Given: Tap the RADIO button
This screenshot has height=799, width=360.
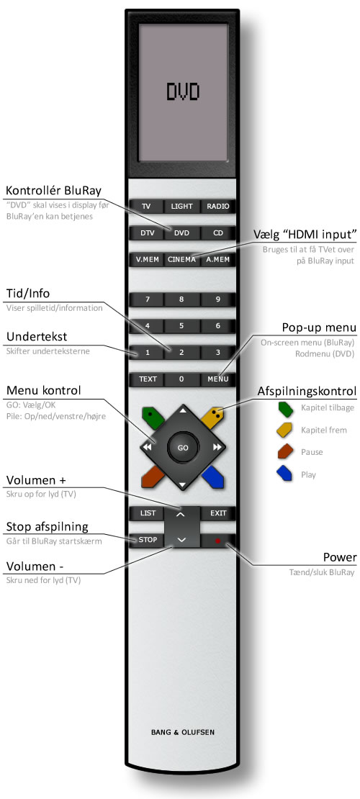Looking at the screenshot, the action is pos(217,207).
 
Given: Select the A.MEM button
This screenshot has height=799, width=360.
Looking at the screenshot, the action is pos(217,259).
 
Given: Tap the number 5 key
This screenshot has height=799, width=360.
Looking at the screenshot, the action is pos(181,325).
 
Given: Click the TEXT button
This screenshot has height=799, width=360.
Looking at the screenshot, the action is pos(148,379).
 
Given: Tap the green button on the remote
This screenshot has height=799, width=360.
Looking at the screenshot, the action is pos(153,417).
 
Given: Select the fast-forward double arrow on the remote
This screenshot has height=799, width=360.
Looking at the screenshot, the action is pos(217,448).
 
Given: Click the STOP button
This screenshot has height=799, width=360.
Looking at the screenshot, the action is pos(148,540).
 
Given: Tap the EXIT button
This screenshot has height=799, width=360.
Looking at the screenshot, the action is pos(218,513).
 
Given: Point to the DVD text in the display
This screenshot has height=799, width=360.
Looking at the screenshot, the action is pos(182,91).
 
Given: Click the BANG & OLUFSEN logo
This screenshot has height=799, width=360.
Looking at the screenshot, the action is pos(183,733).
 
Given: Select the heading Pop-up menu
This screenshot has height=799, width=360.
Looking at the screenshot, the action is pos(320,327).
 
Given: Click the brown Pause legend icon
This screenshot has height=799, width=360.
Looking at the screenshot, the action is pos(284,452).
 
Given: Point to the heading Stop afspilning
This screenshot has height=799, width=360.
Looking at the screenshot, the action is pos(47,526).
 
